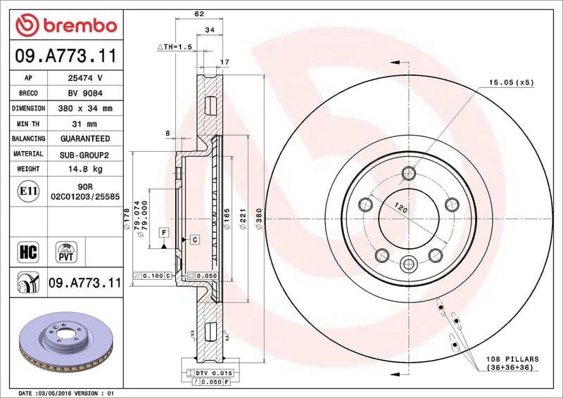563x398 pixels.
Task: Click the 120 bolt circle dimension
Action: click(402, 209)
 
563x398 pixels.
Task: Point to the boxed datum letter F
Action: click(163, 231)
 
